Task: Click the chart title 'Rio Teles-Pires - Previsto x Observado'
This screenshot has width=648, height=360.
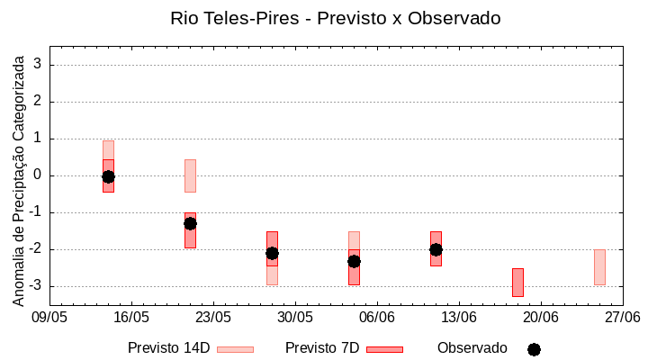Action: tap(336, 18)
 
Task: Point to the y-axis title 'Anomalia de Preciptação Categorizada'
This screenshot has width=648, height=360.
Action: tap(18, 178)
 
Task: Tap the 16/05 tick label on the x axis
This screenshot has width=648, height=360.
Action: tap(131, 318)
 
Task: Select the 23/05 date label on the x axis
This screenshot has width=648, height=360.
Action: tap(213, 318)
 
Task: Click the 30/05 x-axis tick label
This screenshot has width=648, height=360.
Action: tap(295, 318)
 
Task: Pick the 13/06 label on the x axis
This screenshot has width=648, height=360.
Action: tap(459, 318)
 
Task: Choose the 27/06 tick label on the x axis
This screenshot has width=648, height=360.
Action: tap(622, 318)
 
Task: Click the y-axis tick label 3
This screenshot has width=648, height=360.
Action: tap(39, 64)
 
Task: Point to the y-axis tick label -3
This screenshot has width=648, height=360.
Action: tap(36, 286)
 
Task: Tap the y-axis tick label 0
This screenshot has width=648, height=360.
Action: tap(39, 175)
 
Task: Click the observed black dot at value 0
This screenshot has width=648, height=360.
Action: tap(108, 176)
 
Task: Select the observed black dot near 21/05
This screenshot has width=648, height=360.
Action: tap(190, 223)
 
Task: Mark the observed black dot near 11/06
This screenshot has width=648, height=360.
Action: tap(436, 249)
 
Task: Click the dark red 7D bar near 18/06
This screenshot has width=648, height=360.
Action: tap(517, 282)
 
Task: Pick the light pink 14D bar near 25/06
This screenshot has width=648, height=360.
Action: tap(599, 267)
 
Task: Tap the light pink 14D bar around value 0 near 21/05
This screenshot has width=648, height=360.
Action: tap(190, 175)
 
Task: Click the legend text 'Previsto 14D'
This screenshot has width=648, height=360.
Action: tap(169, 348)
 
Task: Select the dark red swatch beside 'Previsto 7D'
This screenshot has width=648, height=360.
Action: tap(384, 349)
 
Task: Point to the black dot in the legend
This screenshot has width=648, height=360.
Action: tap(534, 349)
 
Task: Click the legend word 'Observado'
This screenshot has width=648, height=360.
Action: tap(472, 348)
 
